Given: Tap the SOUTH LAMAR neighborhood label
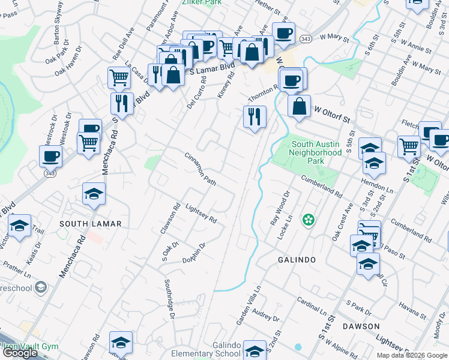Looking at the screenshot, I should (x=91, y=224).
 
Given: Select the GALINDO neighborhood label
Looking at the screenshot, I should (x=297, y=260).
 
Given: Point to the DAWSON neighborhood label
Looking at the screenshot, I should (x=361, y=326).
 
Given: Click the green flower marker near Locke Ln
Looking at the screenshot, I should (x=308, y=220).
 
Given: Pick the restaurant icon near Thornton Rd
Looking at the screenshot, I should (x=255, y=116).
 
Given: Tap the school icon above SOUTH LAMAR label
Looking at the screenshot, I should (x=94, y=194).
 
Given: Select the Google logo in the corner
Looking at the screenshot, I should (x=20, y=353).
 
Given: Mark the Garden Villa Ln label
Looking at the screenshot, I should (x=249, y=304).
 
